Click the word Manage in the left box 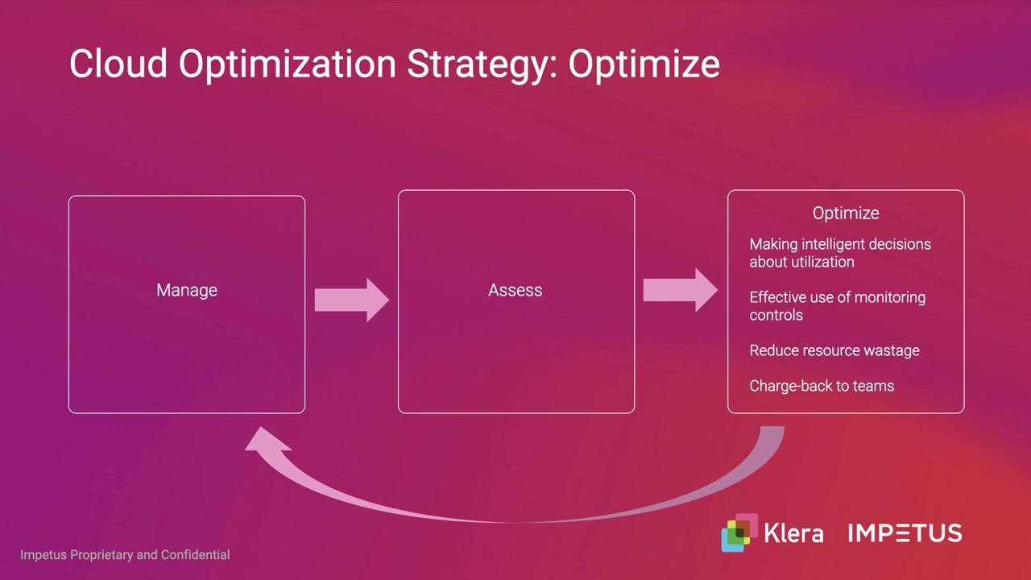click(187, 290)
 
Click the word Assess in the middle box click(515, 290)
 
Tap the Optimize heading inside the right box click(845, 213)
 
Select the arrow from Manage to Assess click(351, 300)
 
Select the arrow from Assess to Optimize click(680, 290)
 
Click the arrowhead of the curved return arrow click(266, 443)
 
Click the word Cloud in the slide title click(118, 64)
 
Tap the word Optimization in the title click(288, 64)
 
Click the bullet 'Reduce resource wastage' click(834, 350)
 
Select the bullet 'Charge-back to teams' click(822, 386)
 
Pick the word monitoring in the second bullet click(889, 297)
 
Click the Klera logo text click(793, 533)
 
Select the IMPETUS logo click(905, 533)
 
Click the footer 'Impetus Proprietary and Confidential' click(125, 555)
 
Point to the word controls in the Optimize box click(776, 315)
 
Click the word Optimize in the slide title click(644, 64)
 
